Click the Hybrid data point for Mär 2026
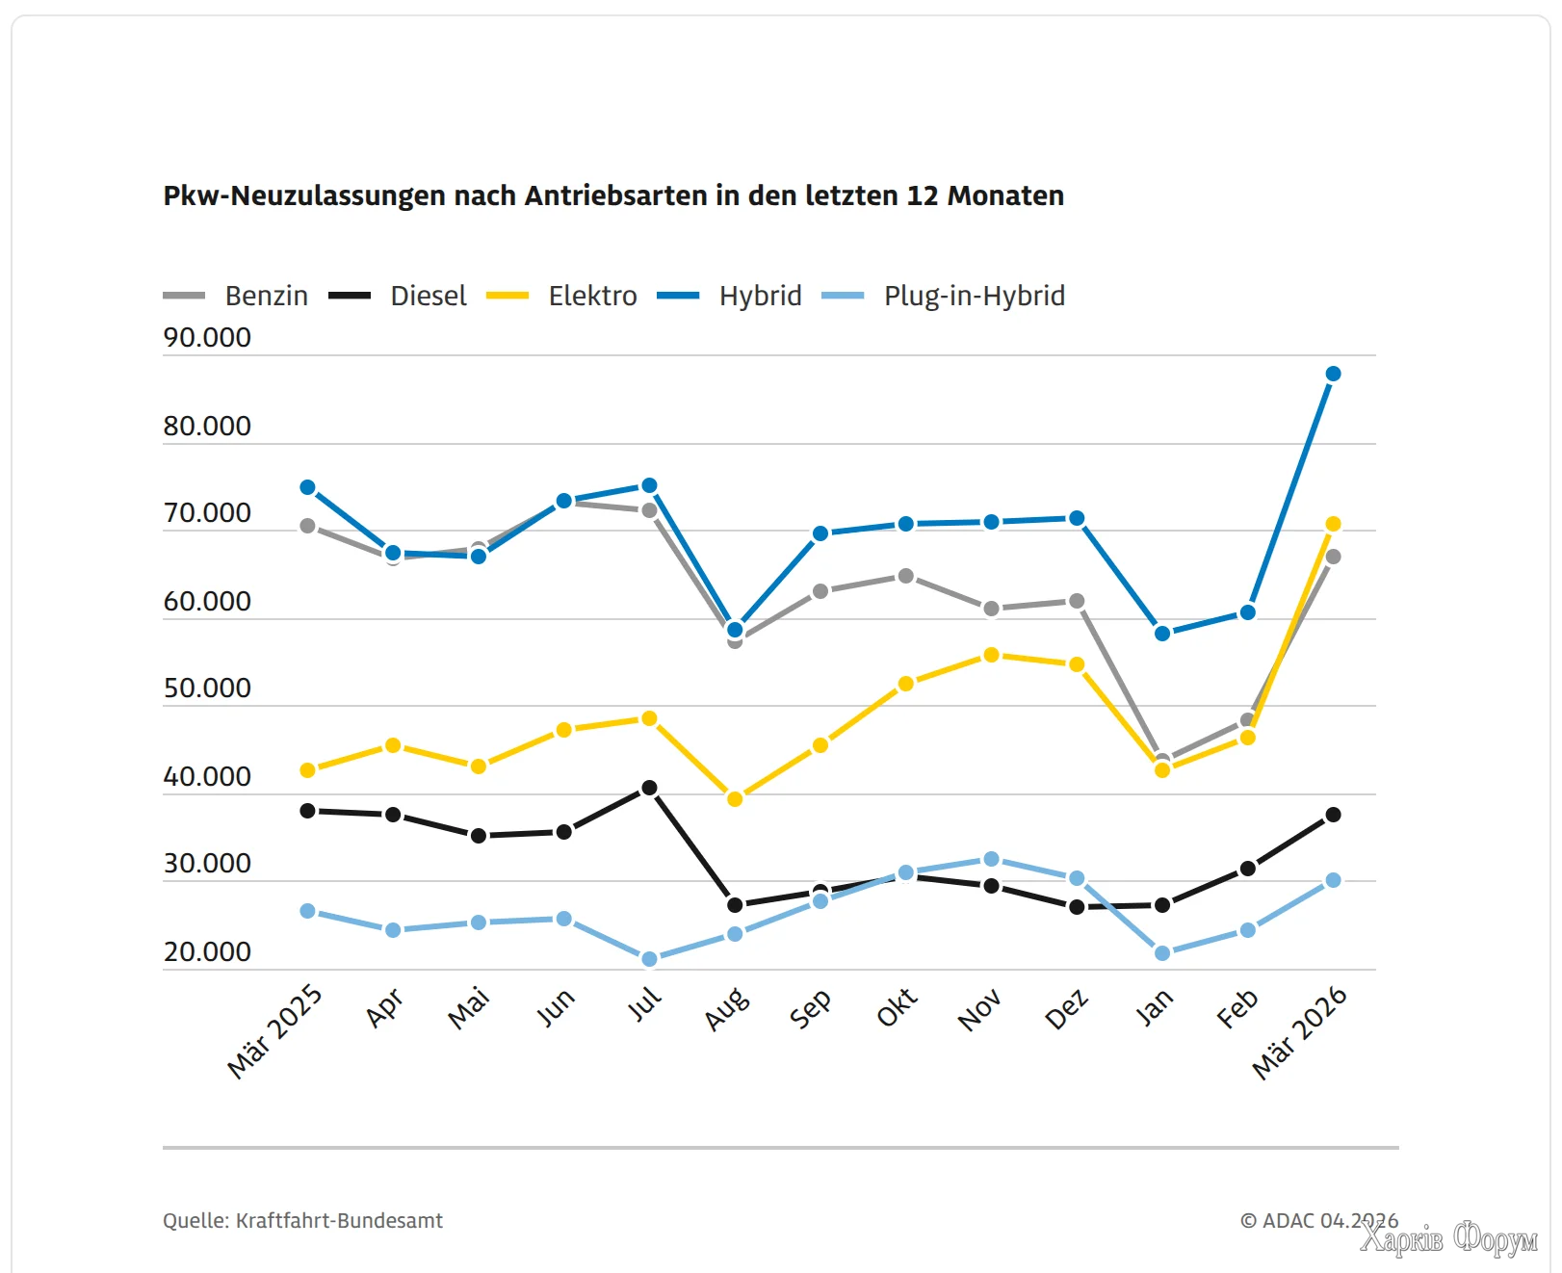click(x=1333, y=374)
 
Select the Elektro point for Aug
click(x=735, y=799)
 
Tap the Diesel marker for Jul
click(x=649, y=788)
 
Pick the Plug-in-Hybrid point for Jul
click(x=649, y=959)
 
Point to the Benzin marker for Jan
click(x=1162, y=761)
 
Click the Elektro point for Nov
click(x=991, y=655)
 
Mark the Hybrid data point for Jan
click(x=1162, y=634)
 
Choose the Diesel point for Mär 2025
click(x=308, y=811)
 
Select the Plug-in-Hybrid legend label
click(x=974, y=296)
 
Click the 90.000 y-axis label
click(x=207, y=338)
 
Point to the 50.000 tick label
click(x=207, y=688)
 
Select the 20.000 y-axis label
click(x=207, y=952)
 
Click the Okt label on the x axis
click(x=897, y=1008)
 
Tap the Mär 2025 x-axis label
click(x=274, y=1031)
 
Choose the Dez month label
click(x=1067, y=1009)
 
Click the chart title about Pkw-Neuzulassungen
click(x=613, y=195)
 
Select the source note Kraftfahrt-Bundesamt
click(x=302, y=1221)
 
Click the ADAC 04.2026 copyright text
click(x=1318, y=1221)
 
